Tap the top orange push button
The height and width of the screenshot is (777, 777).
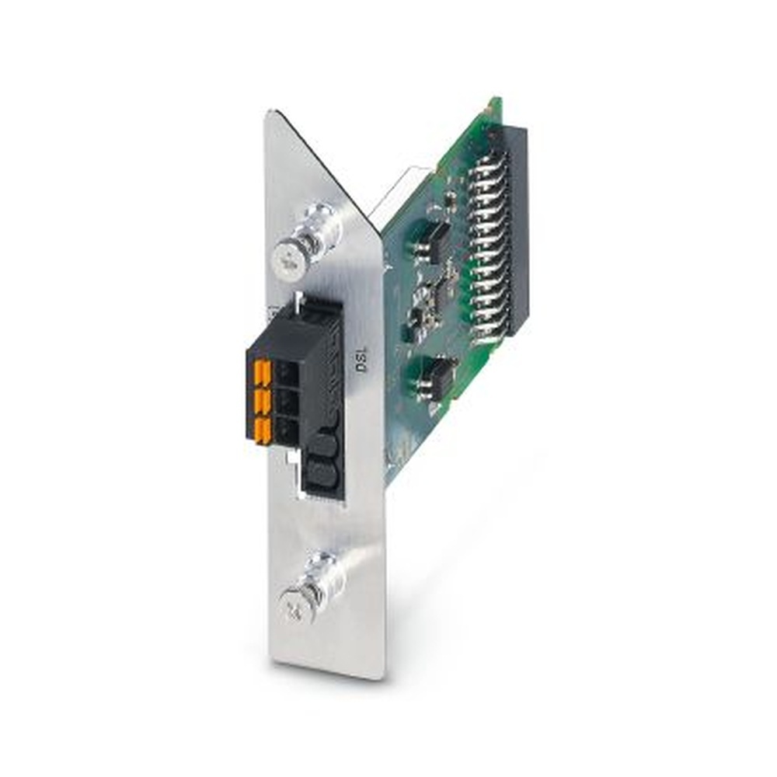[x=263, y=375]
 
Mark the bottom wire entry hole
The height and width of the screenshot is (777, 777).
[x=287, y=430]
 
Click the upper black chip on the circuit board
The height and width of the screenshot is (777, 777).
[x=436, y=237]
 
